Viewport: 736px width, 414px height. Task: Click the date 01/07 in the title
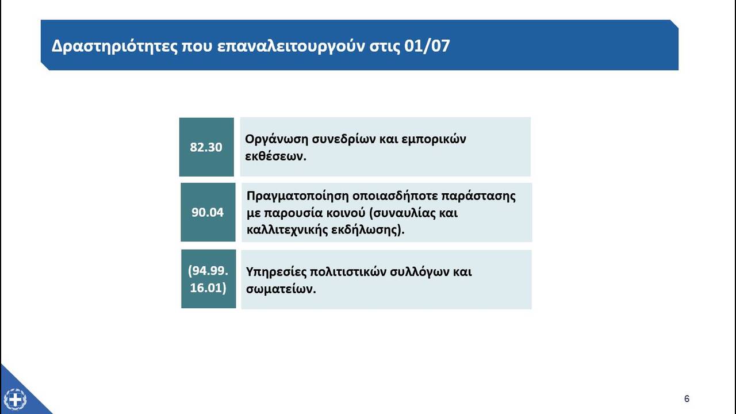[x=427, y=45]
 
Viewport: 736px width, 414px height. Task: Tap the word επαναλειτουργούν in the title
[x=291, y=47]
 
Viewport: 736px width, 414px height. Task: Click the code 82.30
[x=206, y=147]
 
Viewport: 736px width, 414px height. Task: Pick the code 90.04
[x=208, y=212]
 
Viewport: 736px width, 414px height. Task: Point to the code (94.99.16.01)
[x=208, y=279]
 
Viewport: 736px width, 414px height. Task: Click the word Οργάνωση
[x=276, y=139]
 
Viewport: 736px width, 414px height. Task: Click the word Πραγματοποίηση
[x=297, y=197]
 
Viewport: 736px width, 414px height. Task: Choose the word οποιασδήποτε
[x=394, y=197]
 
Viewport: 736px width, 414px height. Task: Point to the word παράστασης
[x=478, y=197]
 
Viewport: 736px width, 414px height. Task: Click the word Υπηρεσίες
[x=275, y=273]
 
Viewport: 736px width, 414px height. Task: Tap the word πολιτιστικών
[x=348, y=272]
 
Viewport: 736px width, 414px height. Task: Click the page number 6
[x=687, y=398]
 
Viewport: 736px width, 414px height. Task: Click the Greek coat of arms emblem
[x=15, y=400]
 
